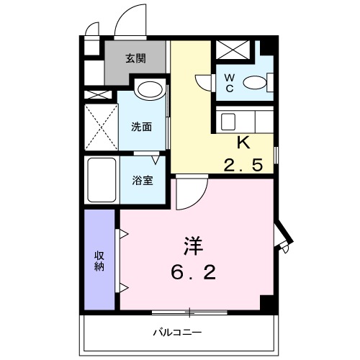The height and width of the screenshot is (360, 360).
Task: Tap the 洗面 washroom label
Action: pyautogui.click(x=141, y=127)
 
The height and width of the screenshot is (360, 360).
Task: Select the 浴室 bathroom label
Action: pyautogui.click(x=141, y=180)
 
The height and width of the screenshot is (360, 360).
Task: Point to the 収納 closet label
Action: pyautogui.click(x=99, y=260)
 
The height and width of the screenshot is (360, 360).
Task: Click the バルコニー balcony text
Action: pyautogui.click(x=176, y=333)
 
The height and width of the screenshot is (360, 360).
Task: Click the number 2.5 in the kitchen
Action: pyautogui.click(x=243, y=166)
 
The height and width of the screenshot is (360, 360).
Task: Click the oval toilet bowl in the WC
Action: pyautogui.click(x=254, y=83)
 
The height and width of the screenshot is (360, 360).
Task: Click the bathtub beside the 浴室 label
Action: pyautogui.click(x=101, y=180)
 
